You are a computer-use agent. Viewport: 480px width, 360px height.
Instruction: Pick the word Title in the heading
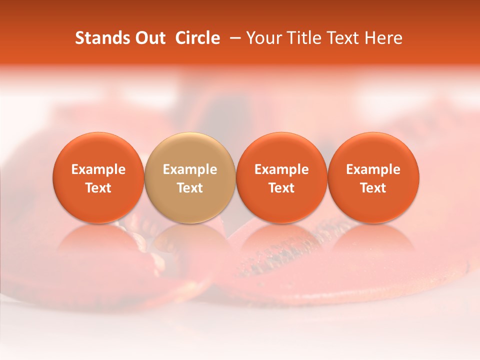pyautogui.click(x=301, y=38)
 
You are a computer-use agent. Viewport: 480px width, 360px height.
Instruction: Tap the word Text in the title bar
pyautogui.click(x=340, y=38)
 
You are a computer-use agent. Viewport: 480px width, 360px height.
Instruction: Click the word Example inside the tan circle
pyautogui.click(x=190, y=169)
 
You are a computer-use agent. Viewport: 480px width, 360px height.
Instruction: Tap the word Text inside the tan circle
pyautogui.click(x=190, y=188)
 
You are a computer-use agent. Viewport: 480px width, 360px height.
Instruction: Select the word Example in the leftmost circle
pyautogui.click(x=98, y=169)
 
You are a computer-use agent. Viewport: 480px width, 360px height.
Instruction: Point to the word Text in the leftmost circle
pyautogui.click(x=98, y=188)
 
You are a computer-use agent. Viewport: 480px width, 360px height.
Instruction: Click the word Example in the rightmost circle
pyautogui.click(x=373, y=169)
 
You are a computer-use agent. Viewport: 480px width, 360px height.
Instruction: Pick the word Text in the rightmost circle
pyautogui.click(x=373, y=188)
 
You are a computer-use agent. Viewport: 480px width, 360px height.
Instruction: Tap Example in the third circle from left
pyautogui.click(x=281, y=169)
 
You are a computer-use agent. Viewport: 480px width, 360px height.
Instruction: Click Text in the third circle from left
pyautogui.click(x=281, y=188)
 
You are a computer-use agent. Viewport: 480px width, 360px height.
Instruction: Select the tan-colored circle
pyautogui.click(x=190, y=150)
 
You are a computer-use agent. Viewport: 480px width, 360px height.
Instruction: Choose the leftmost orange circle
pyautogui.click(x=98, y=150)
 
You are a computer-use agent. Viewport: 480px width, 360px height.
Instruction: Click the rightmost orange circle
pyautogui.click(x=373, y=150)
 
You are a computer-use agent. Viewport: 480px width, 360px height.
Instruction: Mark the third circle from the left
pyautogui.click(x=281, y=150)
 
